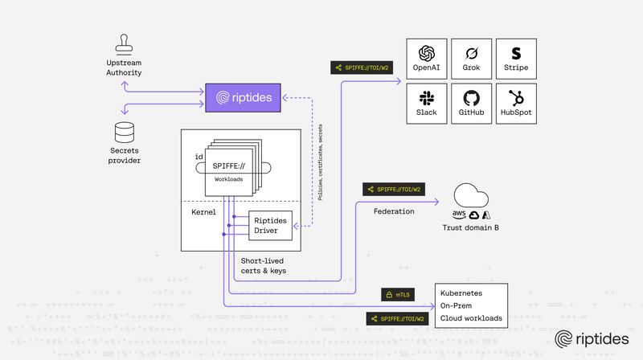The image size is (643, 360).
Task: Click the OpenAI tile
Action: [426, 58]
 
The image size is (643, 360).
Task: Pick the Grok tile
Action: [471, 58]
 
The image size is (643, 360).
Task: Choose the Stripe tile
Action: [516, 58]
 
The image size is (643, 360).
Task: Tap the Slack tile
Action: [426, 103]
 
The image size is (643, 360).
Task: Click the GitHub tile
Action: [471, 103]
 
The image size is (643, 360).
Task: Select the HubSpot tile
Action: [516, 103]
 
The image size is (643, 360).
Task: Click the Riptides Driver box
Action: [269, 226]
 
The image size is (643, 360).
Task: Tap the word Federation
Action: [395, 211]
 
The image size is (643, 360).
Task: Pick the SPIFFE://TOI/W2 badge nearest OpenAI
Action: [358, 68]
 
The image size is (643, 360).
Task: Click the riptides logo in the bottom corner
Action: [591, 339]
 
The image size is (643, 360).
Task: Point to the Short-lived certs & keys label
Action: [264, 266]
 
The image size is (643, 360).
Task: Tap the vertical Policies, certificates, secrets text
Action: [321, 161]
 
